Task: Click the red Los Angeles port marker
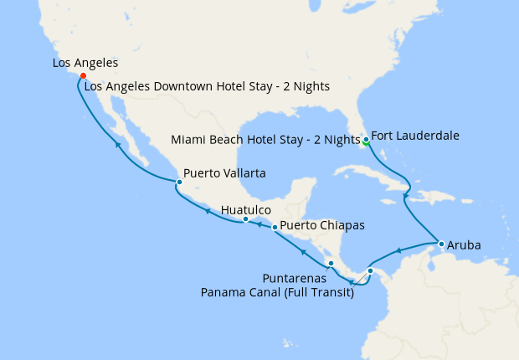(x=83, y=75)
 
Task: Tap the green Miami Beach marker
(x=365, y=142)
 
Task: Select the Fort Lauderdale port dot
(x=366, y=138)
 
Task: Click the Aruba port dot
(x=440, y=244)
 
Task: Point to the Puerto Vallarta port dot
(x=178, y=182)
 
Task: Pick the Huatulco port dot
(x=244, y=219)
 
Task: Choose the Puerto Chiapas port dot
(x=275, y=227)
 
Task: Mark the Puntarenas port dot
(x=331, y=264)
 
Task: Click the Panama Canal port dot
(x=370, y=270)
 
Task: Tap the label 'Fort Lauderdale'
(x=414, y=135)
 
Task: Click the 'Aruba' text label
(x=464, y=247)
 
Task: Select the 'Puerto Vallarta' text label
(x=224, y=173)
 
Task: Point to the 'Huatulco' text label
(x=245, y=209)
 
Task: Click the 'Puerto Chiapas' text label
(x=321, y=225)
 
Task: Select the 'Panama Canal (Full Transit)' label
(x=277, y=292)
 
